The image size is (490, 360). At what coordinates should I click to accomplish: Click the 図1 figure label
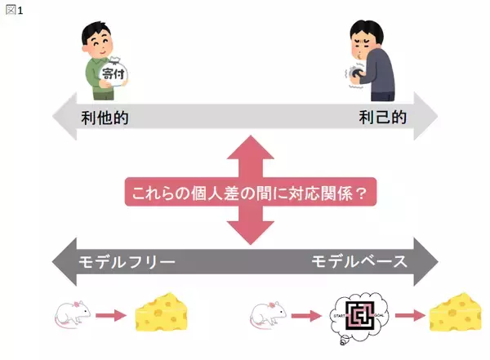[x=15, y=10]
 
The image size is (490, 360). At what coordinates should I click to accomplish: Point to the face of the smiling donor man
[x=99, y=36]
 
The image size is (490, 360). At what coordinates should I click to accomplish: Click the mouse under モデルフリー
[x=73, y=315]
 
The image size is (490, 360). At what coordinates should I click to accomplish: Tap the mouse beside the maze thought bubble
[x=269, y=315]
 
